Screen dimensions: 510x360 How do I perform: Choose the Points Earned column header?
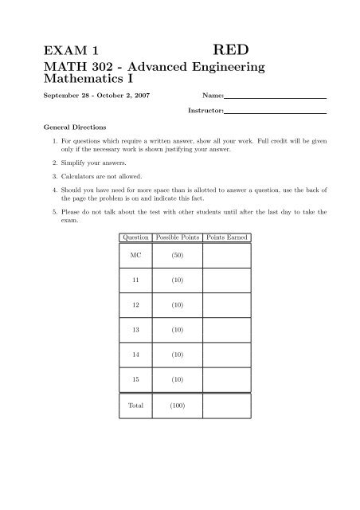point(227,238)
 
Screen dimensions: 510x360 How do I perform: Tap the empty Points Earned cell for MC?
point(227,257)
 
